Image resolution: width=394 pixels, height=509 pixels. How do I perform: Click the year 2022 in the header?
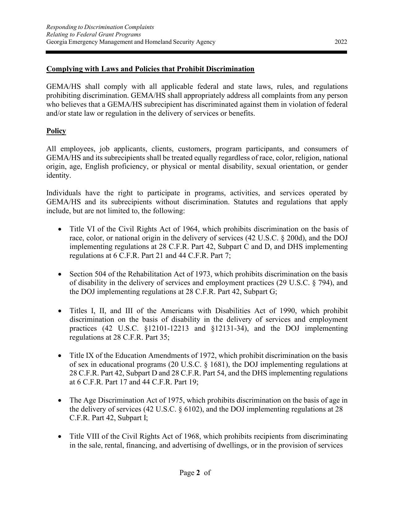pos(341,42)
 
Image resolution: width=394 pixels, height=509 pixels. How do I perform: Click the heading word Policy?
pos(56,131)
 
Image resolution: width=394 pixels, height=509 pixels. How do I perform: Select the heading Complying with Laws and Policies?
pos(150,69)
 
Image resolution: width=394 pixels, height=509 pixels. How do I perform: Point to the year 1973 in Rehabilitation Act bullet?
pos(204,274)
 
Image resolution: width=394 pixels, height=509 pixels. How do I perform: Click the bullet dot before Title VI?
pos(60,229)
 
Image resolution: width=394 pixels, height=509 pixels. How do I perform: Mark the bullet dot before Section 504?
pos(60,274)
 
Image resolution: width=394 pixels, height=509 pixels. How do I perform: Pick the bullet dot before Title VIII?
pos(60,437)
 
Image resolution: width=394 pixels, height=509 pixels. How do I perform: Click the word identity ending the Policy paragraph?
pos(58,176)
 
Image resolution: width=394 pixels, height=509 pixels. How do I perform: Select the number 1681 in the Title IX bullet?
pos(217,364)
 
